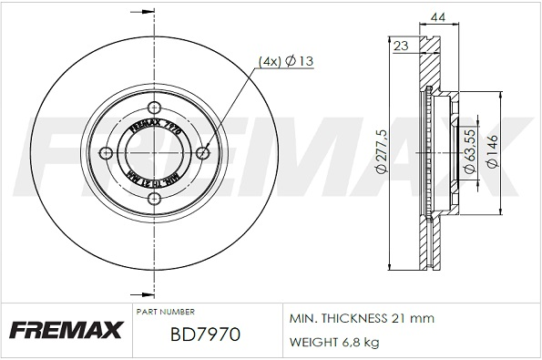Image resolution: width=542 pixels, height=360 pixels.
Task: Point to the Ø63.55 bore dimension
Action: click(467, 154)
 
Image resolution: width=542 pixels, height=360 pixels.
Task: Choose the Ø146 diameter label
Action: click(493, 154)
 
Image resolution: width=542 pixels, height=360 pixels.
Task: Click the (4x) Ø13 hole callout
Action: click(286, 61)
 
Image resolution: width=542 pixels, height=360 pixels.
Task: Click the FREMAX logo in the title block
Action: click(65, 329)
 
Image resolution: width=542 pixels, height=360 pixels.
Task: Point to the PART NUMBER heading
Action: click(165, 312)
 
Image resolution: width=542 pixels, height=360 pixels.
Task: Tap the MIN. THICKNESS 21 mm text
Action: click(362, 318)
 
